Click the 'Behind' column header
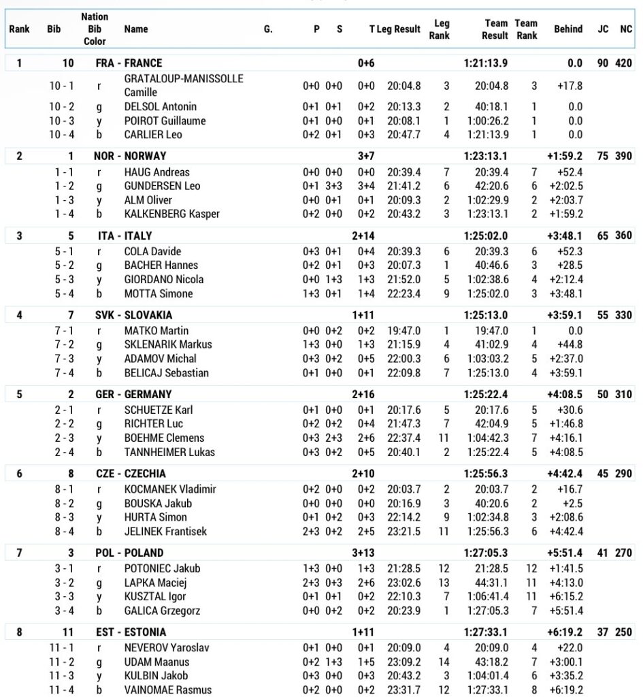pyautogui.click(x=567, y=29)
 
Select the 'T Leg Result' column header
pyautogui.click(x=395, y=29)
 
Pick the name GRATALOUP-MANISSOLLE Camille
pyautogui.click(x=183, y=86)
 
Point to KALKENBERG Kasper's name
pyautogui.click(x=171, y=214)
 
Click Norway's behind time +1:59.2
pyautogui.click(x=565, y=156)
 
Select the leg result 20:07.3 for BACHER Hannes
pyautogui.click(x=404, y=265)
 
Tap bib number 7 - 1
pyautogui.click(x=65, y=330)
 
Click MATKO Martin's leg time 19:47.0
pyautogui.click(x=404, y=330)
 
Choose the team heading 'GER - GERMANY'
pyautogui.click(x=133, y=394)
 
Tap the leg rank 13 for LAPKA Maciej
pyautogui.click(x=446, y=583)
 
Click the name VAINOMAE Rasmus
pyautogui.click(x=167, y=690)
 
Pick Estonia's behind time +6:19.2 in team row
pyautogui.click(x=565, y=632)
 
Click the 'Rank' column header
pyautogui.click(x=19, y=29)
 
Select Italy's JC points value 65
pyautogui.click(x=602, y=236)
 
